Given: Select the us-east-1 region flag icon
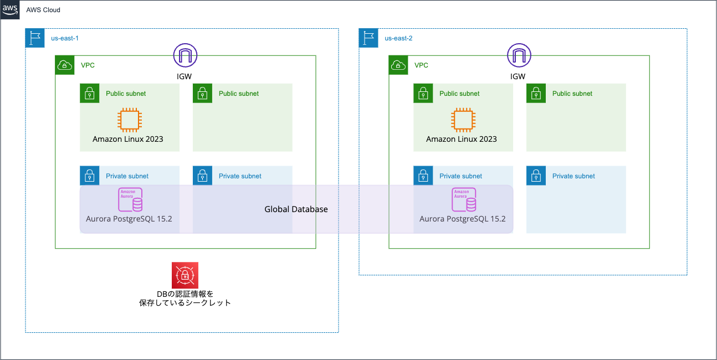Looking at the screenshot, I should click(x=35, y=38).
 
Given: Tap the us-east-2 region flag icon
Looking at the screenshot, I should click(x=368, y=38).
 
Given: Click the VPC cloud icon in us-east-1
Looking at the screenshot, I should click(x=65, y=65).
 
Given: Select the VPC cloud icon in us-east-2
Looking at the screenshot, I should click(x=398, y=65).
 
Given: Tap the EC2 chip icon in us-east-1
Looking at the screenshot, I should click(x=129, y=120).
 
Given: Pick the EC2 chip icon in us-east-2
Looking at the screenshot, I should click(x=462, y=120).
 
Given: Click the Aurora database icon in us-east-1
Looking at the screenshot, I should click(x=131, y=200).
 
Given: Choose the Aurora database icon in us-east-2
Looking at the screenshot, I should click(x=464, y=200).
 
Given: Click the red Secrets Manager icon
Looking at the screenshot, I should click(x=185, y=275).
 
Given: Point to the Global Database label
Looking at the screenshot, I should click(x=296, y=209).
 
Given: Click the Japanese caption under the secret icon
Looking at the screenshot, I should click(x=185, y=298).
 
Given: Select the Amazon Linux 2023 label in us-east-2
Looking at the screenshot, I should click(x=461, y=139).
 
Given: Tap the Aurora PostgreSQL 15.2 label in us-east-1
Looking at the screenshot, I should click(x=129, y=219).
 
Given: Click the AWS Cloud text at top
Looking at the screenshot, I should click(x=43, y=10).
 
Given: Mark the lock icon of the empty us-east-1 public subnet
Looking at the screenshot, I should click(x=203, y=94).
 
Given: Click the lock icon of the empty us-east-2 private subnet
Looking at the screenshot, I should click(x=536, y=176).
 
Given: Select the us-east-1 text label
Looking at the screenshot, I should click(x=65, y=38).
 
